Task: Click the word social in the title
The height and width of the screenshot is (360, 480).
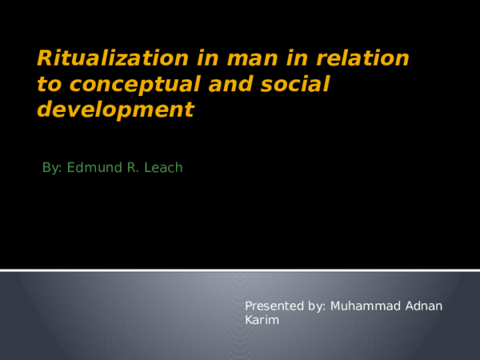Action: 292,84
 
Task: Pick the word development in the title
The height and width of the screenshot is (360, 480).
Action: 115,110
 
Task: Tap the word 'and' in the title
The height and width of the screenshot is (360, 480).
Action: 232,84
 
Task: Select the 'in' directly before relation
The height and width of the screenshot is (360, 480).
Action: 291,58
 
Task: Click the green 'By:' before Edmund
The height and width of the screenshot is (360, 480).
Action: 52,168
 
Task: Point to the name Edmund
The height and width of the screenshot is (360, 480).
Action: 92,168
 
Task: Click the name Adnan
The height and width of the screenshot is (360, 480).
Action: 423,306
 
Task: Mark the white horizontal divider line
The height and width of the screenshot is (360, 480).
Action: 240,270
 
